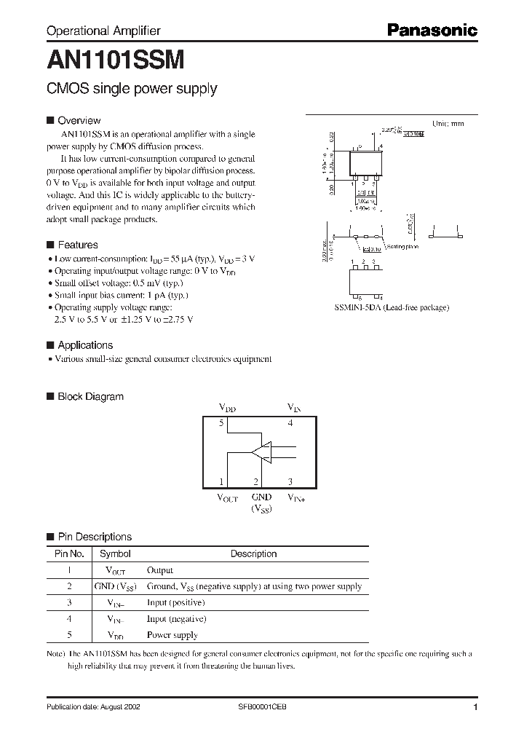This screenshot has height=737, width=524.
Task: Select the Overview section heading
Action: [79, 120]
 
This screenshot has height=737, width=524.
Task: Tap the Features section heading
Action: [77, 245]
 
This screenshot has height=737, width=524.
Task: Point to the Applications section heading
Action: [85, 345]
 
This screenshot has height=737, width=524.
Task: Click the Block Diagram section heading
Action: [90, 396]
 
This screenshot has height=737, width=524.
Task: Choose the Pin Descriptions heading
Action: [95, 537]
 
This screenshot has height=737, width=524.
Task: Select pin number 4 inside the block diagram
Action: [290, 422]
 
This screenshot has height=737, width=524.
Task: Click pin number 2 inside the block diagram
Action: [256, 481]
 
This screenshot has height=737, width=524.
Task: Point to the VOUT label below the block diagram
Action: [228, 499]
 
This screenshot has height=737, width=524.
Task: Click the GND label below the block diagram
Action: [261, 497]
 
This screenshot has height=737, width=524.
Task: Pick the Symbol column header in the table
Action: [115, 553]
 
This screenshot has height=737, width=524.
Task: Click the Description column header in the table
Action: [253, 553]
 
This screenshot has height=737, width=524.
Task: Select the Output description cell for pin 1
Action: [160, 570]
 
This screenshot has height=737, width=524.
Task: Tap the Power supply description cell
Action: [172, 635]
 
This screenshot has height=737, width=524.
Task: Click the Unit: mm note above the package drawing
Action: [448, 124]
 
